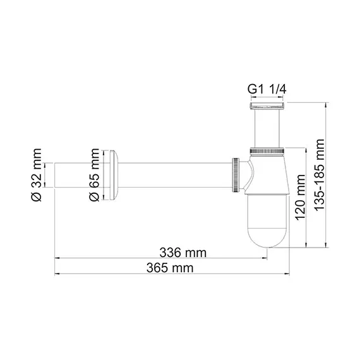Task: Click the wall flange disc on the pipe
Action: [111, 173]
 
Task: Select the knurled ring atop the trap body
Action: [268, 152]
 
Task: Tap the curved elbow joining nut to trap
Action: [249, 174]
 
